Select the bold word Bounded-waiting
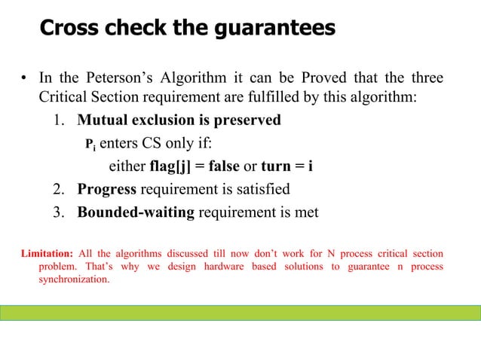136,212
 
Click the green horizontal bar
240,313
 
